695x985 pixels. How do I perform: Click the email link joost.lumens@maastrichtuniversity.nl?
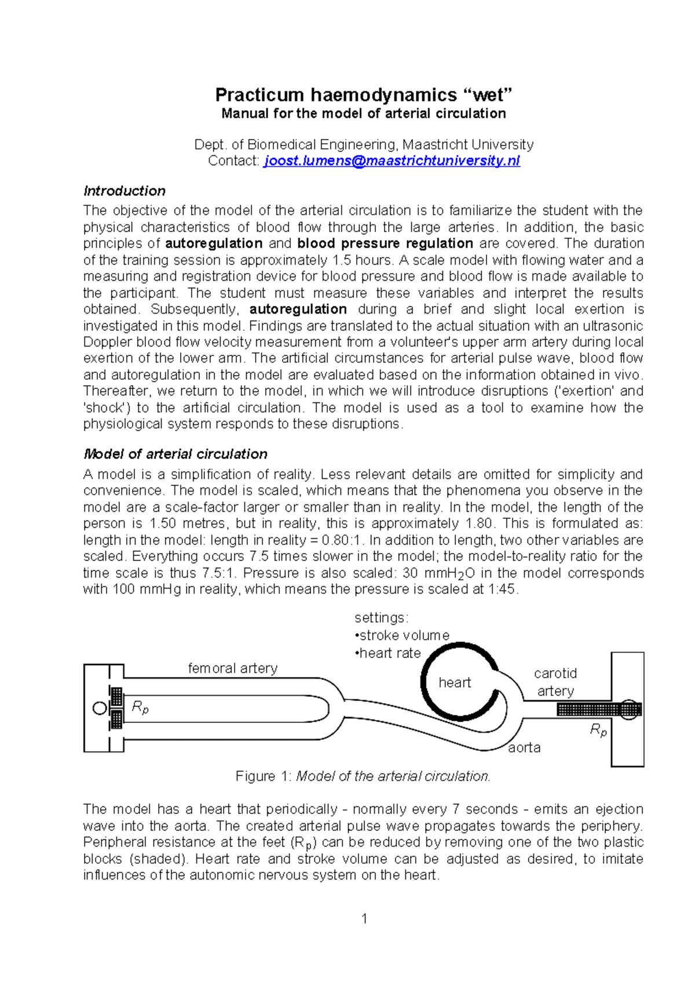pos(392,161)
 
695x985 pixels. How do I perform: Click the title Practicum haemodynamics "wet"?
pos(364,94)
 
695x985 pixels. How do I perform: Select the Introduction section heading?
pos(124,191)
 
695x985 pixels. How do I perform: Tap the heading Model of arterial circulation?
pos(175,454)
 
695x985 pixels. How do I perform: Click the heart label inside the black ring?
pos(455,682)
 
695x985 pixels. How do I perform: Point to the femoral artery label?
pos(232,668)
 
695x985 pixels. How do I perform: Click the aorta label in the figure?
pos(524,747)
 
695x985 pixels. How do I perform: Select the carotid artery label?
pos(555,682)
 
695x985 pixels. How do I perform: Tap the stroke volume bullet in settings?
pos(403,635)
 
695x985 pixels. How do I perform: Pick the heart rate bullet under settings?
pos(388,653)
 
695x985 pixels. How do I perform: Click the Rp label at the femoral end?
pos(140,707)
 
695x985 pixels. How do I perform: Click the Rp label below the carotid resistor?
pos(598,730)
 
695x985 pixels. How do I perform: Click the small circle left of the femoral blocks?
pos(100,708)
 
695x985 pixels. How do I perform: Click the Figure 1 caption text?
pos(363,776)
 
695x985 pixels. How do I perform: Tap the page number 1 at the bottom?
pos(364,918)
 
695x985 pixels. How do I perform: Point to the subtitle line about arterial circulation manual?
pos(364,113)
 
